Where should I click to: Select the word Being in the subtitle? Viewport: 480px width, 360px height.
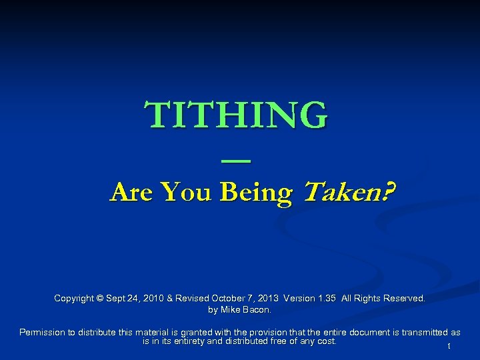tap(256, 193)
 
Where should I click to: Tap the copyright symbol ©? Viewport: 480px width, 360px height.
tap(100, 299)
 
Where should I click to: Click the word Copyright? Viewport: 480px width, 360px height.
tap(74, 299)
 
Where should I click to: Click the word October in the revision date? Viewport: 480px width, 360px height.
tap(230, 299)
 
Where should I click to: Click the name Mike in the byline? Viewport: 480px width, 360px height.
tap(231, 309)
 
